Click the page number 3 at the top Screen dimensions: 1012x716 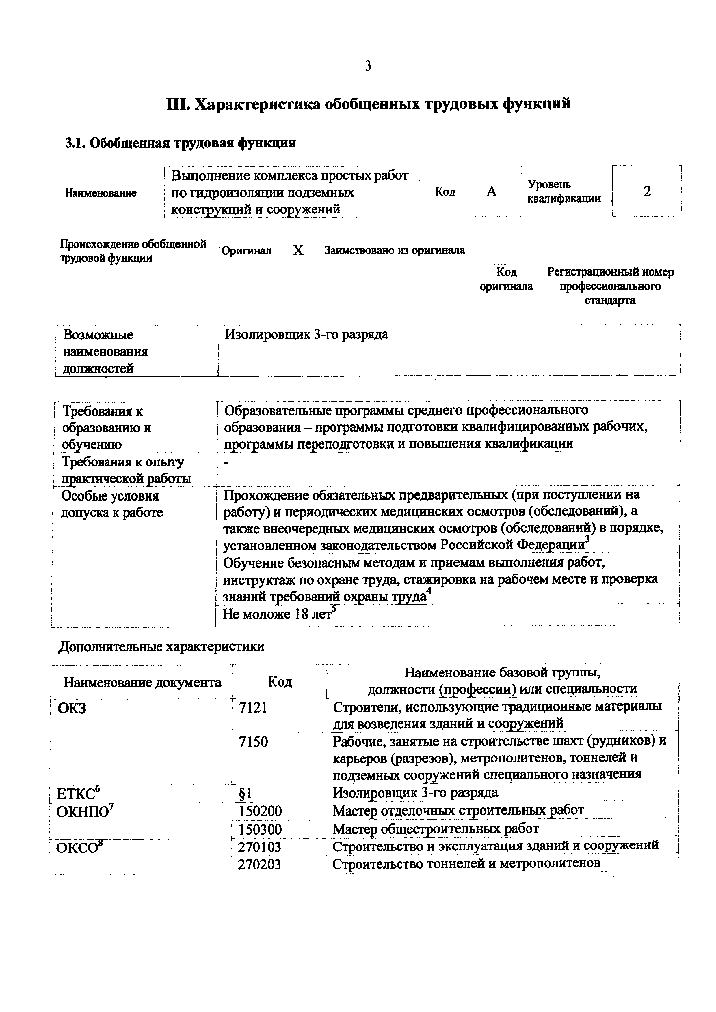click(x=368, y=66)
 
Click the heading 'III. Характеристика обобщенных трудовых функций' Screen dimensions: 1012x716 click(x=368, y=104)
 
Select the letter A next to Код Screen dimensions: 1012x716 click(x=492, y=192)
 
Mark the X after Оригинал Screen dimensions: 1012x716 click(x=298, y=250)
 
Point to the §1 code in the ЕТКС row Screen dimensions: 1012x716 click(x=245, y=793)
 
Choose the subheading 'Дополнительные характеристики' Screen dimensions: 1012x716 click(x=161, y=646)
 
